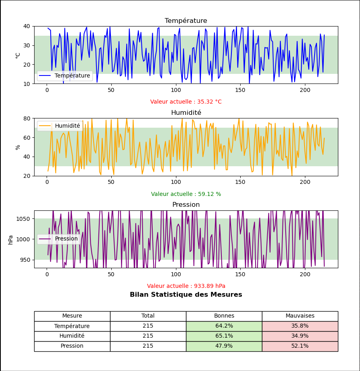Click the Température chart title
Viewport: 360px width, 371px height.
coord(186,21)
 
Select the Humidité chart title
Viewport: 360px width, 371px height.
coord(186,113)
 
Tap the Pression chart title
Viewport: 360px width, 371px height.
coord(186,205)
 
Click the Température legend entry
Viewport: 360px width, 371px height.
coord(72,75)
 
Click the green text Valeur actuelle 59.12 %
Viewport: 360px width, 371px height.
coord(186,194)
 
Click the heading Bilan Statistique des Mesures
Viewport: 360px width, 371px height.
coord(186,295)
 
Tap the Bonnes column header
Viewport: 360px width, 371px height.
coord(224,316)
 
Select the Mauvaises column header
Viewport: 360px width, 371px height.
coord(300,316)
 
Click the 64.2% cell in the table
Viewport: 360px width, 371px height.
coord(224,326)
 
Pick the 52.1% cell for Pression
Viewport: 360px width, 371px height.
coord(300,346)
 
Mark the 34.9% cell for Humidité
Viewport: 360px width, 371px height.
coord(300,336)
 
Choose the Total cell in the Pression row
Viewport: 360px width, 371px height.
coord(148,346)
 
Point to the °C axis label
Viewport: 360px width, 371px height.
coord(18,55)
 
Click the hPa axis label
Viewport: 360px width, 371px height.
coord(11,239)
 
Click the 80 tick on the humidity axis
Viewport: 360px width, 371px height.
coord(27,118)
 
